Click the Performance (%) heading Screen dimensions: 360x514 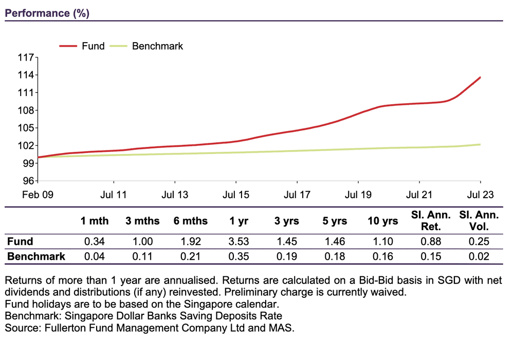(47, 13)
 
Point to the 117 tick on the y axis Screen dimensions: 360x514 (26, 58)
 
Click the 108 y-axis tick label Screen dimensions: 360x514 (26, 110)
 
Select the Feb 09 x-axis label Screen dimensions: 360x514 (38, 195)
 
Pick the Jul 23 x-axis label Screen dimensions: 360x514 (480, 195)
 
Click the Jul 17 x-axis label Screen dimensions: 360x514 (297, 195)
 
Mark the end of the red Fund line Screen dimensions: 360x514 (480, 77)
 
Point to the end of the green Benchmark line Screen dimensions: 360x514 (480, 144)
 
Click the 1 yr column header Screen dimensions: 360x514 (239, 221)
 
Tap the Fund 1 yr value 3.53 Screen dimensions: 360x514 (239, 241)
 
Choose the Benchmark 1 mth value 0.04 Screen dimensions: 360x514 (95, 256)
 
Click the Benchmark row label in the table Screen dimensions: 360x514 (36, 256)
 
